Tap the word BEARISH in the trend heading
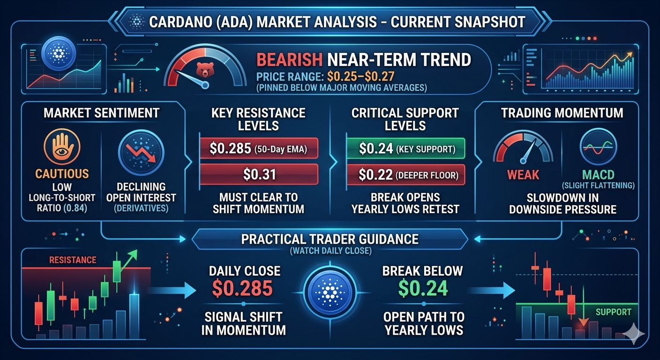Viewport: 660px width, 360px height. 289,60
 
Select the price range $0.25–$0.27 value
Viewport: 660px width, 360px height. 360,76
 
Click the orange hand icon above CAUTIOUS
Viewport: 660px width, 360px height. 62,147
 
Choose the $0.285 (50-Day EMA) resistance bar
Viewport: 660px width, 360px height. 259,149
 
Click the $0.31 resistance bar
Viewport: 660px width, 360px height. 259,174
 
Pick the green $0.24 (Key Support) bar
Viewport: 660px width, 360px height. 406,149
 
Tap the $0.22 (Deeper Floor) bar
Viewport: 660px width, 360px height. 406,175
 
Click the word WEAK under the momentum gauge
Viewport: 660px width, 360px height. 523,175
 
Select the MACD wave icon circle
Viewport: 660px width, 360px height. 598,146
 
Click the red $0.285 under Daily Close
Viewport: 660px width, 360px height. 242,288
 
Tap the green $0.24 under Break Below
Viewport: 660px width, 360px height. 423,288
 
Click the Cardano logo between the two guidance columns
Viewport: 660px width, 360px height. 330,292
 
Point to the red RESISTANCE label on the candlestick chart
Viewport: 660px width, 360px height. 73,260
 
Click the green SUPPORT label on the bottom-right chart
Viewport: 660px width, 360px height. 614,312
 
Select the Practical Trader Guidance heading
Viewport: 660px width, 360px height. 330,239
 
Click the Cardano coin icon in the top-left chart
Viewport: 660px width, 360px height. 59,53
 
